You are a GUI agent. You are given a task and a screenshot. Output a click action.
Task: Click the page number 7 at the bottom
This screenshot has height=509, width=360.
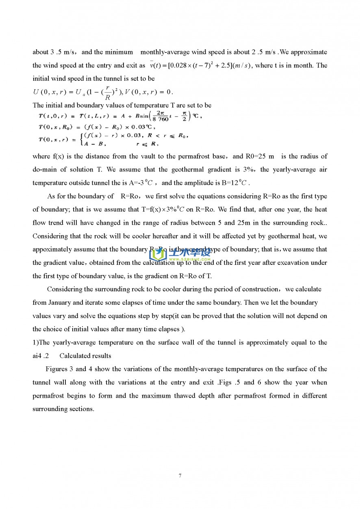click(180, 475)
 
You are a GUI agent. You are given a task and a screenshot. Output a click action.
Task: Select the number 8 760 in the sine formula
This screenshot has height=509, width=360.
click(160, 119)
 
